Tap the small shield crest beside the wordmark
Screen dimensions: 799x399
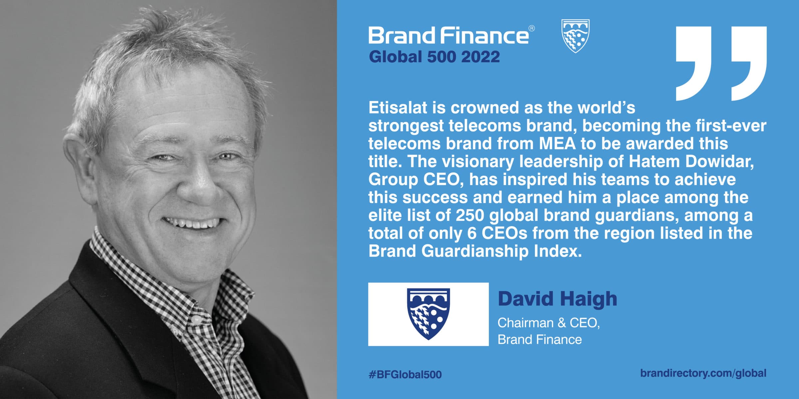[575, 36]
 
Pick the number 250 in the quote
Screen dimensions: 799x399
[470, 215]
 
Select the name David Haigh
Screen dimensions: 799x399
[557, 299]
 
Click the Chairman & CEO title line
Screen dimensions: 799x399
[549, 323]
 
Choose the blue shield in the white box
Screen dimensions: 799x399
[428, 314]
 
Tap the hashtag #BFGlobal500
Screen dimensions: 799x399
[405, 374]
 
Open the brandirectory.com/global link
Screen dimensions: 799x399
[703, 373]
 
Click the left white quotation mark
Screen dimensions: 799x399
[693, 63]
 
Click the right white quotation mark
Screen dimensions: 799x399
[749, 63]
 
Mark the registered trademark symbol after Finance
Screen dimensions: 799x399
[532, 29]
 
